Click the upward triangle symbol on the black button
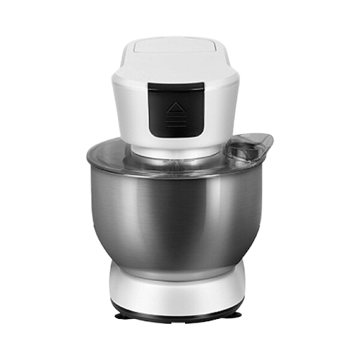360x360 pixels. (x=176, y=108)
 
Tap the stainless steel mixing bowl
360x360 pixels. (x=173, y=216)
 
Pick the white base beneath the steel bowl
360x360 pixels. (x=176, y=288)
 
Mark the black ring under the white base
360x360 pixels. (x=176, y=312)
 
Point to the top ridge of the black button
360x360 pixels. (x=175, y=87)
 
